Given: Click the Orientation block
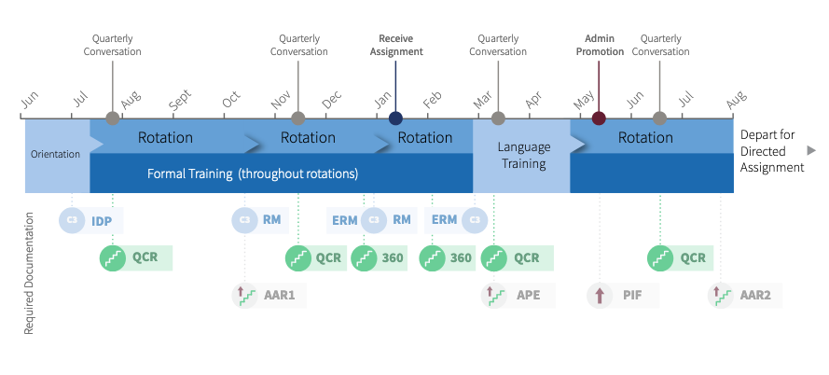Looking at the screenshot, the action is pos(57,156).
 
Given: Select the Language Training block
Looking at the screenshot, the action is pos(521,156).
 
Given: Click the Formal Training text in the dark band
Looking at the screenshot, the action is pos(252,174).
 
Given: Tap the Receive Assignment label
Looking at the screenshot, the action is pos(396,45).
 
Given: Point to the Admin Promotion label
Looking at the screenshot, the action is pos(600,45).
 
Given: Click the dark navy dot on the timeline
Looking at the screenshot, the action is pos(395,118).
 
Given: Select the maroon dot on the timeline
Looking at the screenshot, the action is pos(599,118).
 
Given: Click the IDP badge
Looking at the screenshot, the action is pos(91,220).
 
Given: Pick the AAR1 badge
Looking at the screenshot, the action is pos(269,295).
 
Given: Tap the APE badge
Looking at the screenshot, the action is pos(518,295).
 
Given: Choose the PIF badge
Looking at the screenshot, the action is pos(623,295).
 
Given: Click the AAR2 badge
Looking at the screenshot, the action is pos(745,295).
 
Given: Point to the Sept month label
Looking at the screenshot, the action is pos(180,99).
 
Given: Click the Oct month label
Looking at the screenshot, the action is pos(231,99).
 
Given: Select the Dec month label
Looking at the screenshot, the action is pos(332,99).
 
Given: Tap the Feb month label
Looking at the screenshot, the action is pos(433,99).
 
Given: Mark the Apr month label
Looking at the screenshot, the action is pos(534,99).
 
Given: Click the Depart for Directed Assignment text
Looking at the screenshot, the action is pos(772,151).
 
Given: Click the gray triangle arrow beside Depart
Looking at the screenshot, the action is pos(811,151).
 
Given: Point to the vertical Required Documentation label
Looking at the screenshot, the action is pos(29,273).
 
